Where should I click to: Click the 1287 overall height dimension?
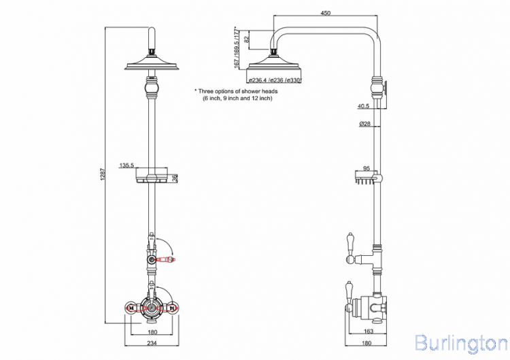pos(103,174)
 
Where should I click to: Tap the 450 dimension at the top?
pos(325,13)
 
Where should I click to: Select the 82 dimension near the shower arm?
pos(247,39)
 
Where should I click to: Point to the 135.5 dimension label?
pos(126,165)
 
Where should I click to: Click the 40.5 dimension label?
pos(363,106)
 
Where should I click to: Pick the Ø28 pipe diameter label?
pos(364,124)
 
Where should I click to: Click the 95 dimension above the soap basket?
pos(367,168)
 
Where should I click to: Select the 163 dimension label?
pos(368,331)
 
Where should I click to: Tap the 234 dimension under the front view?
pos(152,343)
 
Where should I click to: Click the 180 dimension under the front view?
pos(152,332)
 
